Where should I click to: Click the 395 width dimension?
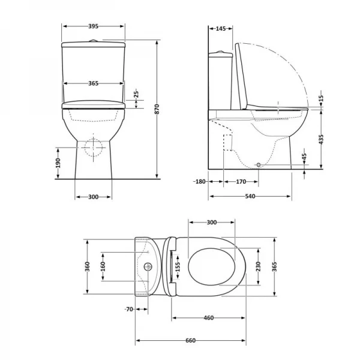pyautogui.click(x=93, y=27)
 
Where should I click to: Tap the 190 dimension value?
pyautogui.click(x=58, y=164)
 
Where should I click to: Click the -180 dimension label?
pyautogui.click(x=200, y=181)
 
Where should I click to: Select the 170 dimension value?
pyautogui.click(x=241, y=181)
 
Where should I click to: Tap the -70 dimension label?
pyautogui.click(x=128, y=309)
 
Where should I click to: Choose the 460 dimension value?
pyautogui.click(x=208, y=317)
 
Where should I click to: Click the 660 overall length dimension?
pyautogui.click(x=190, y=341)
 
